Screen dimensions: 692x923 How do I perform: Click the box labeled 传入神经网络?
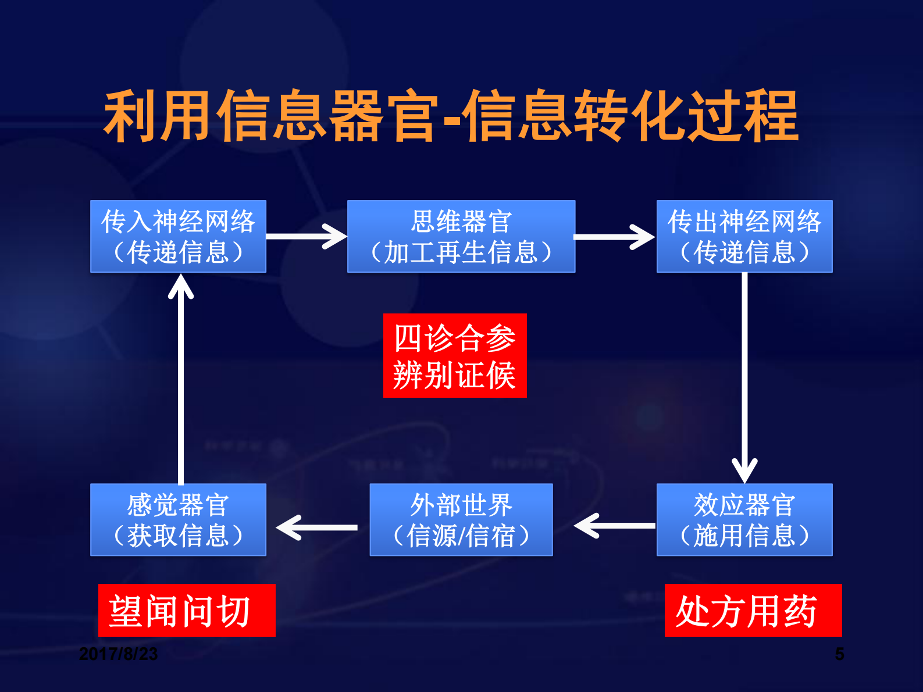pos(178,236)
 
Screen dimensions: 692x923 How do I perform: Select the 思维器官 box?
pos(461,236)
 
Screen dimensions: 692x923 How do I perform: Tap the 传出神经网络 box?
pos(744,236)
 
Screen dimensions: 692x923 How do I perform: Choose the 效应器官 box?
pos(744,519)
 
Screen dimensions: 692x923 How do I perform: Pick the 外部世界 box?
pos(461,519)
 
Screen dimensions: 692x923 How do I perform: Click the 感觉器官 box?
pos(178,519)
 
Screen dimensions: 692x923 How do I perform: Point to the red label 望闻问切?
pos(186,610)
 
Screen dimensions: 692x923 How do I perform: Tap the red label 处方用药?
pos(753,610)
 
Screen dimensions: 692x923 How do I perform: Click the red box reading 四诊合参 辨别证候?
pos(454,355)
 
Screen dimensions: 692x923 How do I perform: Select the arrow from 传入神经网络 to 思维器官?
pos(306,237)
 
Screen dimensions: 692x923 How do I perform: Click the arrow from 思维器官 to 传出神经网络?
pos(614,237)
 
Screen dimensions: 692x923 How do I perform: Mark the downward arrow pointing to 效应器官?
pos(744,378)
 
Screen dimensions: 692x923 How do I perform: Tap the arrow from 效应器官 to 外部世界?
pos(614,526)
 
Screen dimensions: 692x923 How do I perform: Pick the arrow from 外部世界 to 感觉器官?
pos(317,527)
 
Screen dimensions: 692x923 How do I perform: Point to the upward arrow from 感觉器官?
pos(181,378)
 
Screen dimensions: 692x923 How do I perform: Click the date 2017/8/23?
pos(118,654)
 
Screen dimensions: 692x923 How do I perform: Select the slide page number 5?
pos(839,654)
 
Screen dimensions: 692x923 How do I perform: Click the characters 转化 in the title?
pos(630,116)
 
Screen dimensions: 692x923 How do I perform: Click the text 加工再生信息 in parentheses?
pos(461,252)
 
